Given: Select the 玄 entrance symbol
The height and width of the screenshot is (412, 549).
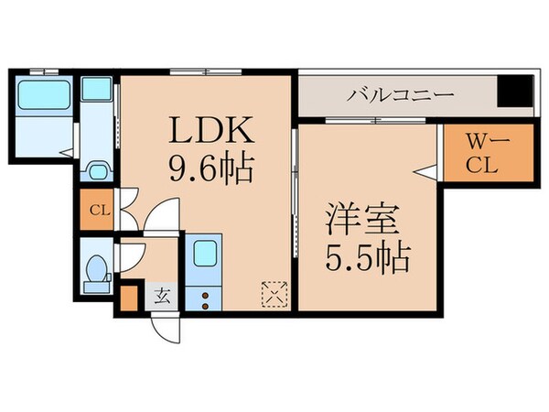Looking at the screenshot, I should click(161, 295).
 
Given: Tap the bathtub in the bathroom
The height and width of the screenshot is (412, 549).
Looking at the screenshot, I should click(46, 92).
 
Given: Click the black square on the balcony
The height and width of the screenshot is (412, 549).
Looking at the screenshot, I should click(513, 93).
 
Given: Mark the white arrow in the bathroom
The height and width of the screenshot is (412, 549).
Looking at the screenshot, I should click(65, 154).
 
